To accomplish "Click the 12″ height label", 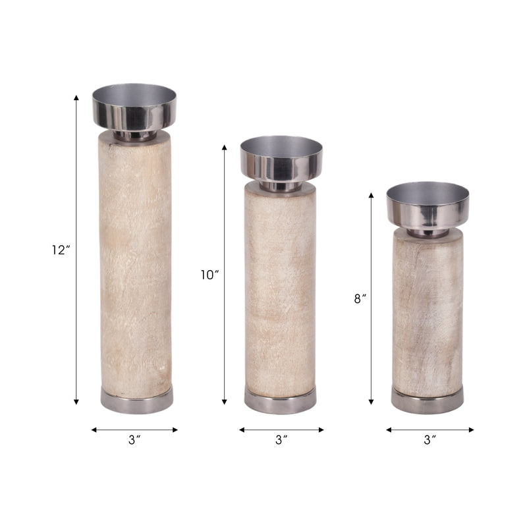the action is [61, 250].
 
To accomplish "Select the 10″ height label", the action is [209, 275].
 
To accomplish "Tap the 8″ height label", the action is [360, 298].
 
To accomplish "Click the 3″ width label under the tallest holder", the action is [134, 439].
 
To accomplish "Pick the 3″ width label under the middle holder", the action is [281, 439].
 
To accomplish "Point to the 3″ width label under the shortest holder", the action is [430, 439].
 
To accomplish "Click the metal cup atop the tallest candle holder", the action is [134, 107].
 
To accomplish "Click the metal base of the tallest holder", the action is [137, 400].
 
